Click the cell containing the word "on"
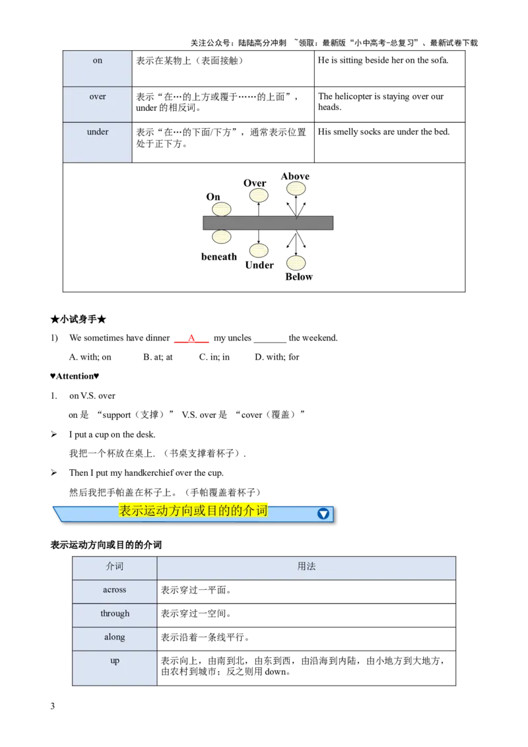98,67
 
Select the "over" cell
98,104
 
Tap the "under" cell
98,141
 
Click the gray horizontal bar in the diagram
268,223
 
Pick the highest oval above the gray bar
296,188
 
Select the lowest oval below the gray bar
296,263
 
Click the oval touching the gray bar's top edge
222,209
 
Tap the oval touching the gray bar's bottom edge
222,236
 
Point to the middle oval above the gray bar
259,195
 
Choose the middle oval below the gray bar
259,251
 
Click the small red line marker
191,341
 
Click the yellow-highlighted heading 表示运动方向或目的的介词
193,511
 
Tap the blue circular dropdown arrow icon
323,513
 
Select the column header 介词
115,567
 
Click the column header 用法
307,567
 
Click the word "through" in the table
115,614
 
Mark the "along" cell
115,638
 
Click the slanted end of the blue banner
57,513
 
